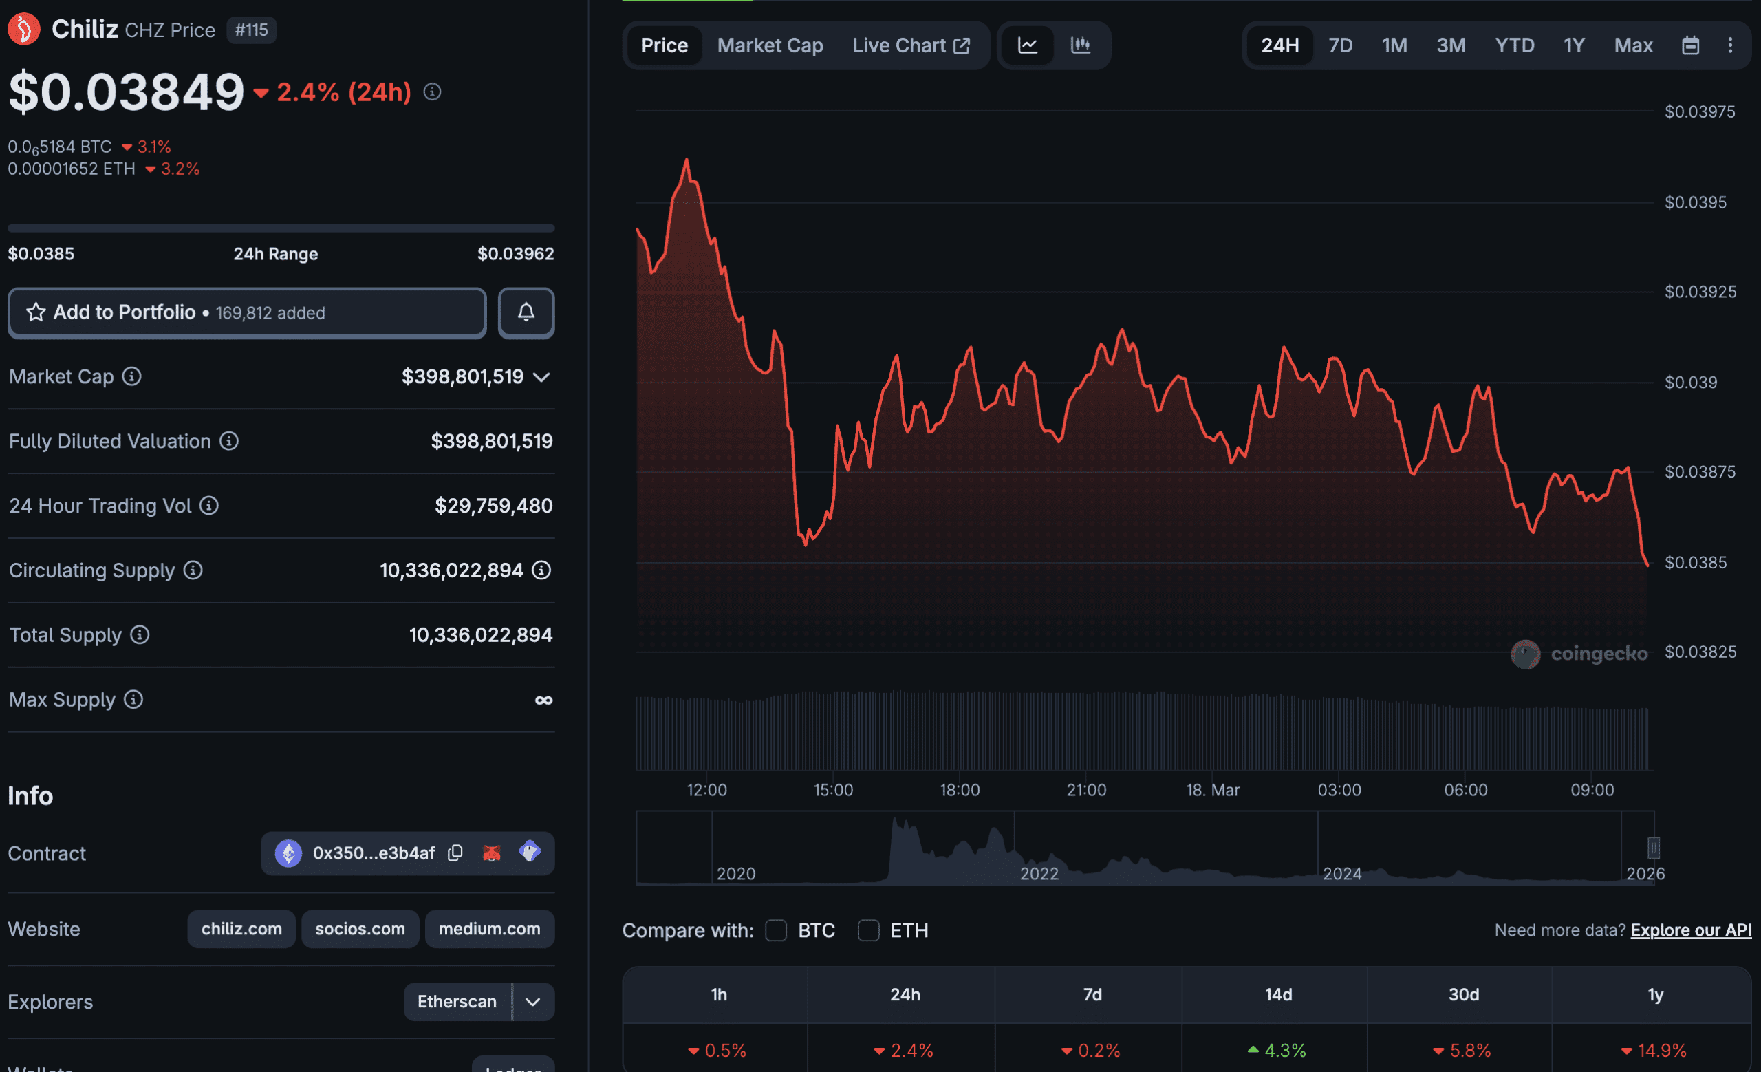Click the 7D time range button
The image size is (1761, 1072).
point(1340,45)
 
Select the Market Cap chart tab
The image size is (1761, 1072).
point(770,45)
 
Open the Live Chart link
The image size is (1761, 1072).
point(911,45)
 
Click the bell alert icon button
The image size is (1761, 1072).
point(526,313)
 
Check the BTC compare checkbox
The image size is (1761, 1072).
point(776,930)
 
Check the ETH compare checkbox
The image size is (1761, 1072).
point(868,930)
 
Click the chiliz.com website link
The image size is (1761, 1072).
point(241,929)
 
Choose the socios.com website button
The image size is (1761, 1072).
point(360,929)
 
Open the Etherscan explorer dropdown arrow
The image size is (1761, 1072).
point(533,1002)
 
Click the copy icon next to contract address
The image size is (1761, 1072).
point(455,853)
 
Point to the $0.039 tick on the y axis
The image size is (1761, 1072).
point(1690,383)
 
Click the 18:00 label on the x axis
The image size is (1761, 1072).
point(959,791)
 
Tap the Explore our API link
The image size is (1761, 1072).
point(1690,930)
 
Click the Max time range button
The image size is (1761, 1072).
point(1633,45)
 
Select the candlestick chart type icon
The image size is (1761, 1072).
point(1080,45)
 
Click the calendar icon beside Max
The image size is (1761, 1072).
point(1690,45)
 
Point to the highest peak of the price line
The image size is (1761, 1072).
point(687,161)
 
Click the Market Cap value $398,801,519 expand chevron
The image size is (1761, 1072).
point(542,377)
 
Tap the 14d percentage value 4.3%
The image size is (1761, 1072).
point(1278,1051)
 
